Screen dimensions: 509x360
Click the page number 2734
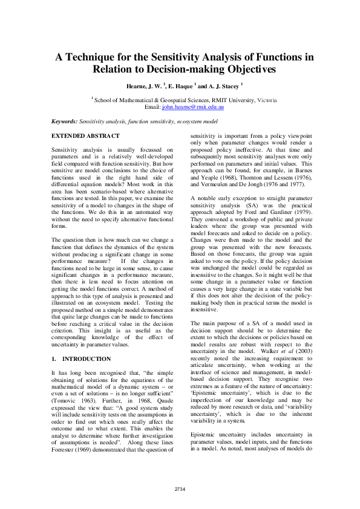[180, 488]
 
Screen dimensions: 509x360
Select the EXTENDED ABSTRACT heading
[85, 136]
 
